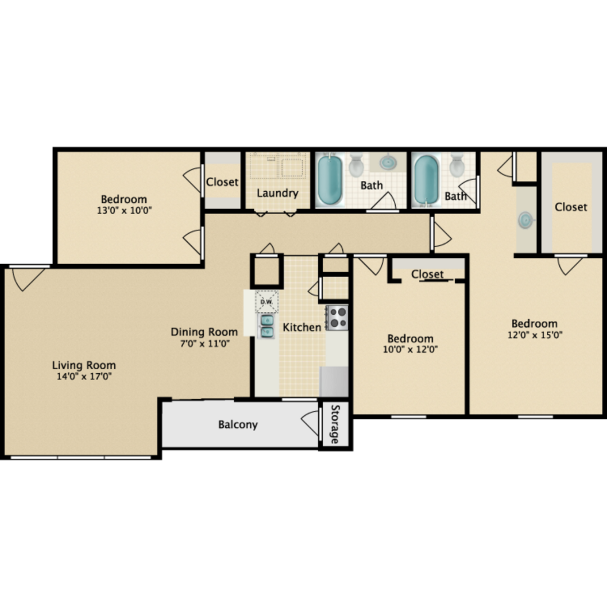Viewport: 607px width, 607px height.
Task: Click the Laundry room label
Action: [x=278, y=193]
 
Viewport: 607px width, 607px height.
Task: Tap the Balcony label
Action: [x=238, y=425]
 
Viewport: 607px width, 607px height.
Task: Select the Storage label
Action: [x=335, y=425]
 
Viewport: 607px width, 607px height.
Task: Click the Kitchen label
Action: [x=302, y=328]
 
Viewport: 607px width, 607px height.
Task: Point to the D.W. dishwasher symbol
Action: [x=266, y=302]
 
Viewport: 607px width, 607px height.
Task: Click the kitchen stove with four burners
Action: [x=337, y=318]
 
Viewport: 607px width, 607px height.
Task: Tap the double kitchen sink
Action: [x=267, y=326]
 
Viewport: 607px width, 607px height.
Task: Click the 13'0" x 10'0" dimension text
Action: [x=124, y=211]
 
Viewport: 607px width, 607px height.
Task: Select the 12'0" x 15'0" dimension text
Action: [x=535, y=335]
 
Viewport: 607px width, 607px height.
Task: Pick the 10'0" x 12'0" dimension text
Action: [x=410, y=350]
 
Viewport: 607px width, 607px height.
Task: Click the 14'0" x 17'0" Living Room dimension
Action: [x=84, y=376]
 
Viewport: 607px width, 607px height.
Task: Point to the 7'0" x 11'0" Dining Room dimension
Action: [x=205, y=343]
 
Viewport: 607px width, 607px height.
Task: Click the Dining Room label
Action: [x=205, y=332]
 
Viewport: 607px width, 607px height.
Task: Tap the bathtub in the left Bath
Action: [x=330, y=179]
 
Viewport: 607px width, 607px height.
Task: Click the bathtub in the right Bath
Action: [x=426, y=179]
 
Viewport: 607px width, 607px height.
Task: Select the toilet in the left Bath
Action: [x=356, y=165]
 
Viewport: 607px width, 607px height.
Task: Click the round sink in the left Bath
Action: [x=387, y=162]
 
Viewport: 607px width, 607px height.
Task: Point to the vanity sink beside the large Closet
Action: [x=526, y=220]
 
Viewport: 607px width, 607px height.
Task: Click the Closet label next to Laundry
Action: [x=222, y=182]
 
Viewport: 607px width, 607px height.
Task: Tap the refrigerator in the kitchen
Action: [x=334, y=382]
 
